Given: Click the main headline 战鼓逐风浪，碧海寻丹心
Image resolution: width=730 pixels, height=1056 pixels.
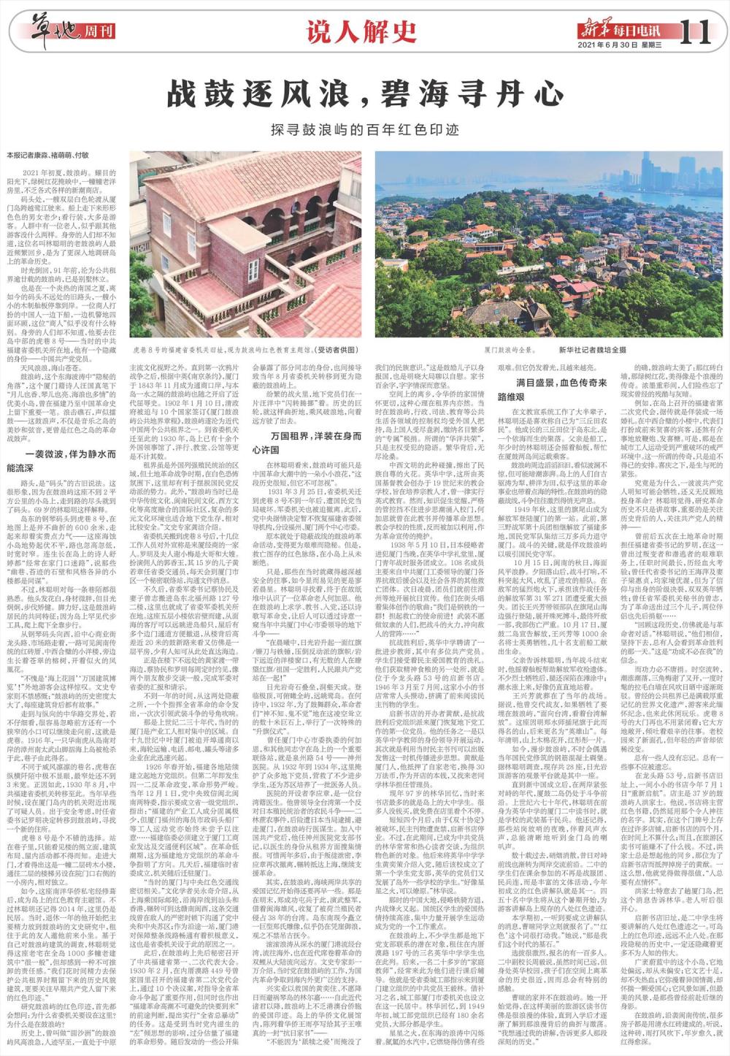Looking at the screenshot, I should coord(364,94).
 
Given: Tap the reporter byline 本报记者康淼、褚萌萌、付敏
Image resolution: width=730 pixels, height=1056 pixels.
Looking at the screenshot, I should coord(47,155).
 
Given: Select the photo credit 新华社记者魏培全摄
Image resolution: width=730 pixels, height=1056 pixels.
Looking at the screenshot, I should coord(592,351).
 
